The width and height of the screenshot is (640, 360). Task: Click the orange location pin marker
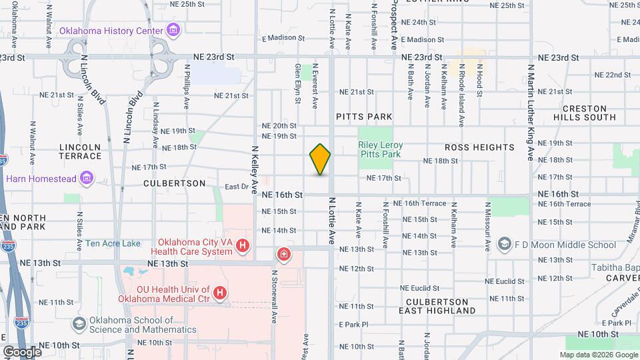point(320,159)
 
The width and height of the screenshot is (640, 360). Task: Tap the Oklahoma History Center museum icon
point(173,30)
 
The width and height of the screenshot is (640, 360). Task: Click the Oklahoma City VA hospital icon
point(243,247)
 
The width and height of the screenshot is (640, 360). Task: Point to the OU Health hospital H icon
point(221,293)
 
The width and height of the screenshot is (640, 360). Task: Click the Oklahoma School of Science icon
point(79,325)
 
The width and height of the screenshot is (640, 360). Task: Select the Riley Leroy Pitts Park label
point(379,149)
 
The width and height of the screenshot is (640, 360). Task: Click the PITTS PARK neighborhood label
point(364,117)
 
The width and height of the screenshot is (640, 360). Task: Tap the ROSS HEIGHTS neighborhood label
point(479,147)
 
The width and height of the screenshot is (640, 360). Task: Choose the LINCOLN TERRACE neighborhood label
point(79,151)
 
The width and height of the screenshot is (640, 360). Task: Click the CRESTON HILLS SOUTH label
point(585,113)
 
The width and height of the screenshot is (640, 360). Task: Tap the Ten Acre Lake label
point(113,243)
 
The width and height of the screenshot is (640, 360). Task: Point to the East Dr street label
point(236,187)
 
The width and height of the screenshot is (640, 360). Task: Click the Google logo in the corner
point(22,351)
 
